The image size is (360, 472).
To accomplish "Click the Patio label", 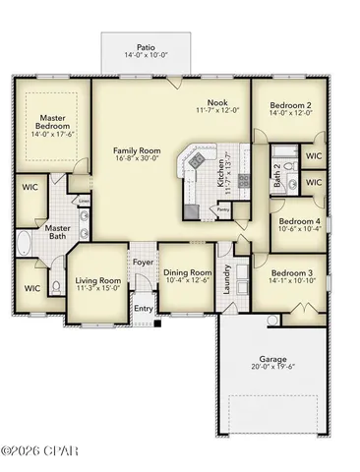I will click(146, 45).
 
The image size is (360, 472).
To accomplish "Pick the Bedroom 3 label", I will click(291, 272).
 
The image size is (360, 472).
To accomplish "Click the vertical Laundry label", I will click(226, 279).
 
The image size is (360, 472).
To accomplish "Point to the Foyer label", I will click(144, 262).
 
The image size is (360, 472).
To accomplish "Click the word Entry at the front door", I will click(144, 309).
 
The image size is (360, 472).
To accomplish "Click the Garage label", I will click(272, 358).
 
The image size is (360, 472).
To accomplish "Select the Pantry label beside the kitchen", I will click(223, 209).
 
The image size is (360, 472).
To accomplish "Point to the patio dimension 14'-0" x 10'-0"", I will click(146, 54).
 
